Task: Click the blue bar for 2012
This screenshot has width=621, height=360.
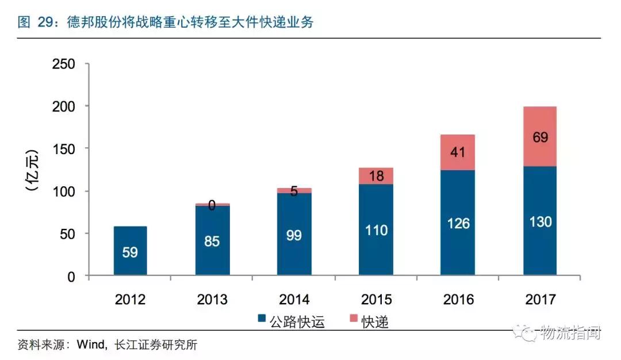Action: tap(130, 251)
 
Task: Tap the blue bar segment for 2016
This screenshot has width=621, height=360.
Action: tap(458, 223)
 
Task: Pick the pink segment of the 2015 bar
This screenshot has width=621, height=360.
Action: tap(376, 176)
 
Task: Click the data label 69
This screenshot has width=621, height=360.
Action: tap(540, 137)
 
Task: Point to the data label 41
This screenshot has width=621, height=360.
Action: tap(458, 153)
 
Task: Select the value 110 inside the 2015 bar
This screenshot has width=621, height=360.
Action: tap(376, 231)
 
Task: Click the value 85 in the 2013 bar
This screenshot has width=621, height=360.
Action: tap(212, 241)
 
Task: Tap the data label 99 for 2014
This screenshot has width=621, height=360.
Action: tap(294, 236)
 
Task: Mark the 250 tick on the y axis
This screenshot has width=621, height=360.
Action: tap(63, 64)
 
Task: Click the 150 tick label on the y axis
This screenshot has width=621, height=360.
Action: tap(63, 149)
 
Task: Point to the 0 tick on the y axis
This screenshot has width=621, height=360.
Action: tap(71, 277)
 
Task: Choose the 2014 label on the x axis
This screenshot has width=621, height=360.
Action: tap(294, 300)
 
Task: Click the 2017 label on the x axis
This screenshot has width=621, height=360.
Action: tap(540, 300)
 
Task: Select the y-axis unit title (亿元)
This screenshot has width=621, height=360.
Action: tap(32, 170)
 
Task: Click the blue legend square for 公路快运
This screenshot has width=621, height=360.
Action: tap(262, 321)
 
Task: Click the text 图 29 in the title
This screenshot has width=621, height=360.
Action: tap(32, 22)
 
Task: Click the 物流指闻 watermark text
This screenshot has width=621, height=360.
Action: tap(569, 333)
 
